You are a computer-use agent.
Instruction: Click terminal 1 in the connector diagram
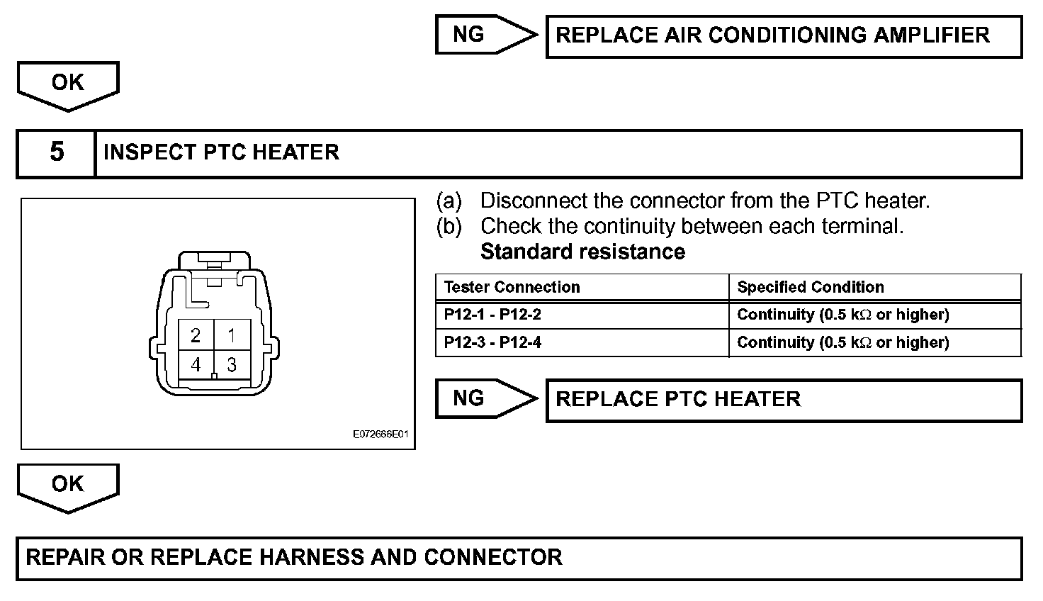[x=232, y=335]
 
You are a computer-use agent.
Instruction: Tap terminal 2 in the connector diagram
[x=196, y=335]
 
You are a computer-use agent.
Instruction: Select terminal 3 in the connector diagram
[x=232, y=365]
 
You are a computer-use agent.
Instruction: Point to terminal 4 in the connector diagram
[x=196, y=365]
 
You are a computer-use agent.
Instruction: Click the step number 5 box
[x=57, y=152]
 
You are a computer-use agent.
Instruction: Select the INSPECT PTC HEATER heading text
[x=221, y=152]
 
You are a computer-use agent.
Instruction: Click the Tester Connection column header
[x=512, y=287]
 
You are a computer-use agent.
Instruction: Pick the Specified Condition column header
[x=810, y=287]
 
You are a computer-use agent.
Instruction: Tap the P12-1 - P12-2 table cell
[x=492, y=315]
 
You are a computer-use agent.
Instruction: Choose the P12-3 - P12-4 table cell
[x=492, y=342]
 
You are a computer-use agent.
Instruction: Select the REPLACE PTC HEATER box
[x=784, y=400]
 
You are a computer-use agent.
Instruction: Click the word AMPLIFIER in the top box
[x=932, y=35]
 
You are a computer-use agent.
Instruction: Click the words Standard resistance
[x=582, y=252]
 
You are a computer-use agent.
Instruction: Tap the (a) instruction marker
[x=449, y=201]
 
